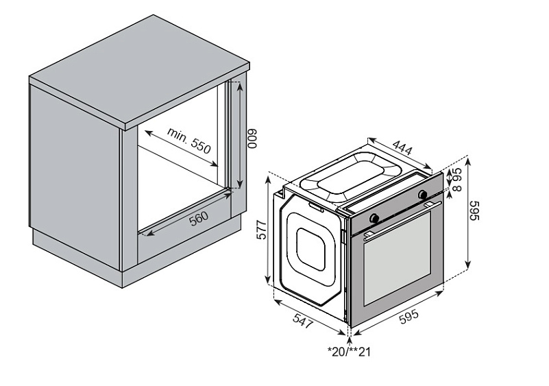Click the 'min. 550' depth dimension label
pyautogui.click(x=189, y=141)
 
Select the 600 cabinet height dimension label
pyautogui.click(x=252, y=138)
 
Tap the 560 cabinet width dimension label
pyautogui.click(x=199, y=219)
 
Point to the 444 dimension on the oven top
pyautogui.click(x=402, y=147)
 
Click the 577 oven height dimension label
pyautogui.click(x=261, y=230)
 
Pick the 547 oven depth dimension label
pyautogui.click(x=302, y=321)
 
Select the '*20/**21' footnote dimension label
pyautogui.click(x=349, y=351)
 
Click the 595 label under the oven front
pyautogui.click(x=408, y=317)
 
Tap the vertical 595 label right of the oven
pyautogui.click(x=474, y=210)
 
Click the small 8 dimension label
pyautogui.click(x=457, y=188)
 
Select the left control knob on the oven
pyautogui.click(x=374, y=218)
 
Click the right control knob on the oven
pyautogui.click(x=423, y=194)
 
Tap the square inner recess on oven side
pyautogui.click(x=310, y=249)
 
